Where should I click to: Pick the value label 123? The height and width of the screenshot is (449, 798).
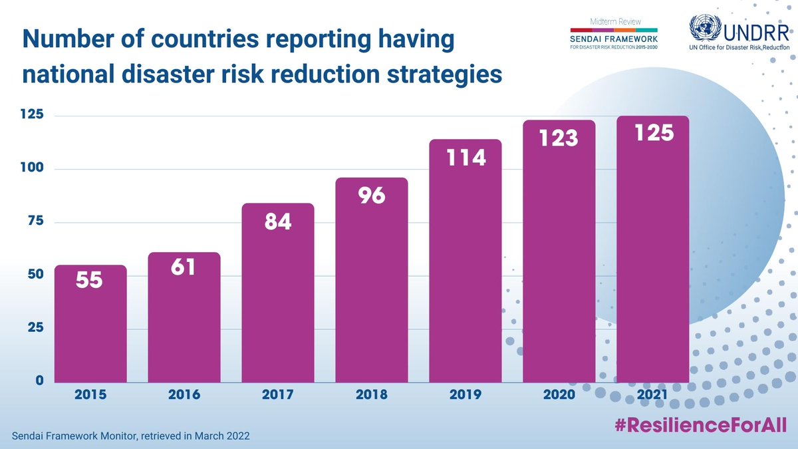559,137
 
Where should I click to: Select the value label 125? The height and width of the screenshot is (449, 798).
653,132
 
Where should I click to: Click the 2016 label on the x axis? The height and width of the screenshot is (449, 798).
184,395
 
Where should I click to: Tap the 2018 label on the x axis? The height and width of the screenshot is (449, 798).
372,395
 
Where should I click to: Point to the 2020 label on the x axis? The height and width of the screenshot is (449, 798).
559,395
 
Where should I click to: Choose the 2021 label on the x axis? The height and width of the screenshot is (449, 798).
653,395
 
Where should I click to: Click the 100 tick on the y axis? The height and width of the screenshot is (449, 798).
31,168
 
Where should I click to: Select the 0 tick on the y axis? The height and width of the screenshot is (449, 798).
39,381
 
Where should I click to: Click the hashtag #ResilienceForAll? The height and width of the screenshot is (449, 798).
700,426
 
